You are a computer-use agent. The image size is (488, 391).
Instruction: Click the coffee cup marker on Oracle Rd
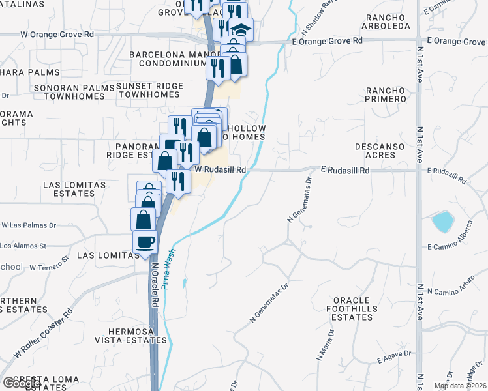(145, 242)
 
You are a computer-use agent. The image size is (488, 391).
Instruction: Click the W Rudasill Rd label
(221, 169)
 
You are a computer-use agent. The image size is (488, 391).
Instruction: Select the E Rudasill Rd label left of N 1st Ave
(345, 170)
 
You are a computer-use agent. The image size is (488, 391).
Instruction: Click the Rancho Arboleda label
(388, 22)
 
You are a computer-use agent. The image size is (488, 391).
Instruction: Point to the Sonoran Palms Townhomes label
(75, 91)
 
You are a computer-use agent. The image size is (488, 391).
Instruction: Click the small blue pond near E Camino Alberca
(442, 222)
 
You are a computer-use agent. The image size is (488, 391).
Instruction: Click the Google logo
(21, 384)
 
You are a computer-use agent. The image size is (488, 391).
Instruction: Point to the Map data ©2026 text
(460, 386)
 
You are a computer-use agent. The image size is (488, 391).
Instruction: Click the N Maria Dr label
(325, 345)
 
